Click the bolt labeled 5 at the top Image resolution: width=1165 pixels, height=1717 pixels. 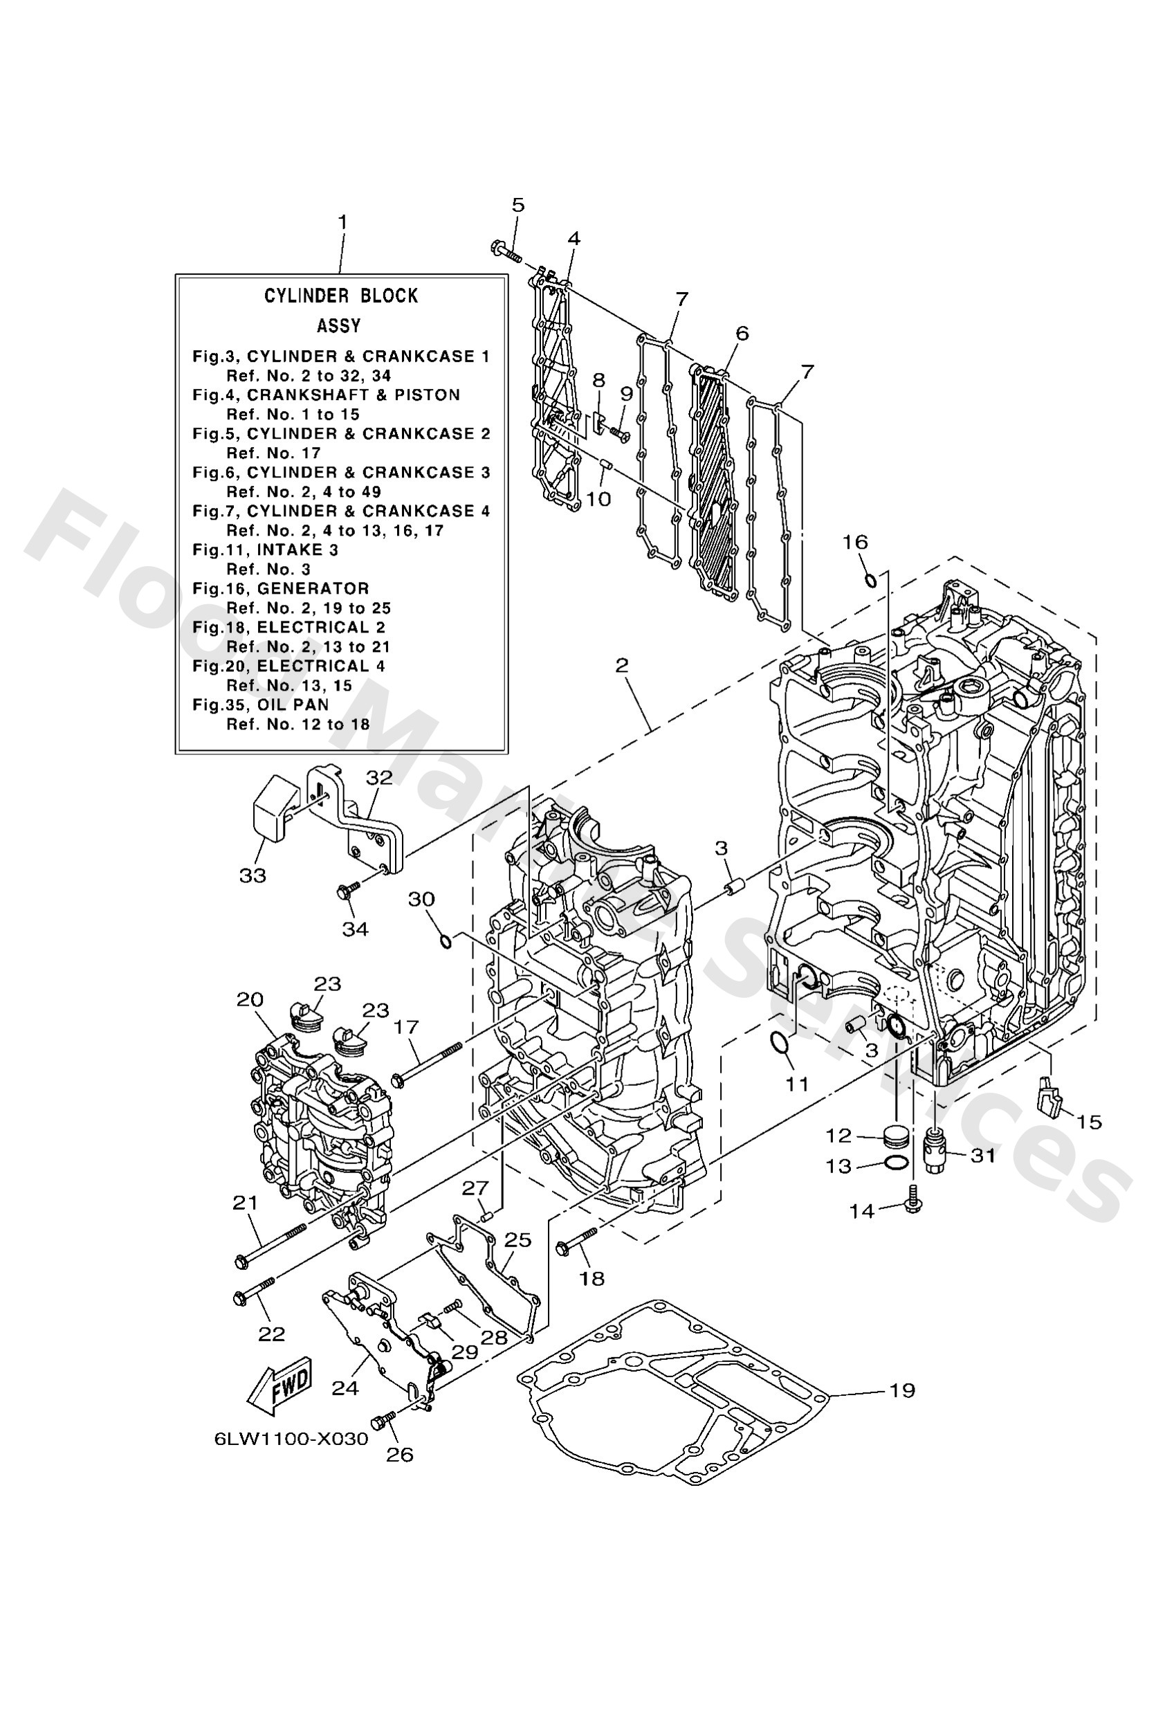coord(505,251)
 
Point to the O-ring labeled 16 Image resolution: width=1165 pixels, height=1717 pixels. coord(871,579)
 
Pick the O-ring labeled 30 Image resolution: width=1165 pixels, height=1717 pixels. coord(446,941)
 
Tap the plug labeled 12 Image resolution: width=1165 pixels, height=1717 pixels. coord(895,1137)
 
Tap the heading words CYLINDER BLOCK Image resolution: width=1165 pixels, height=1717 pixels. coord(340,296)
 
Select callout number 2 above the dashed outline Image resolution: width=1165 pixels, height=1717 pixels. coord(621,666)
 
